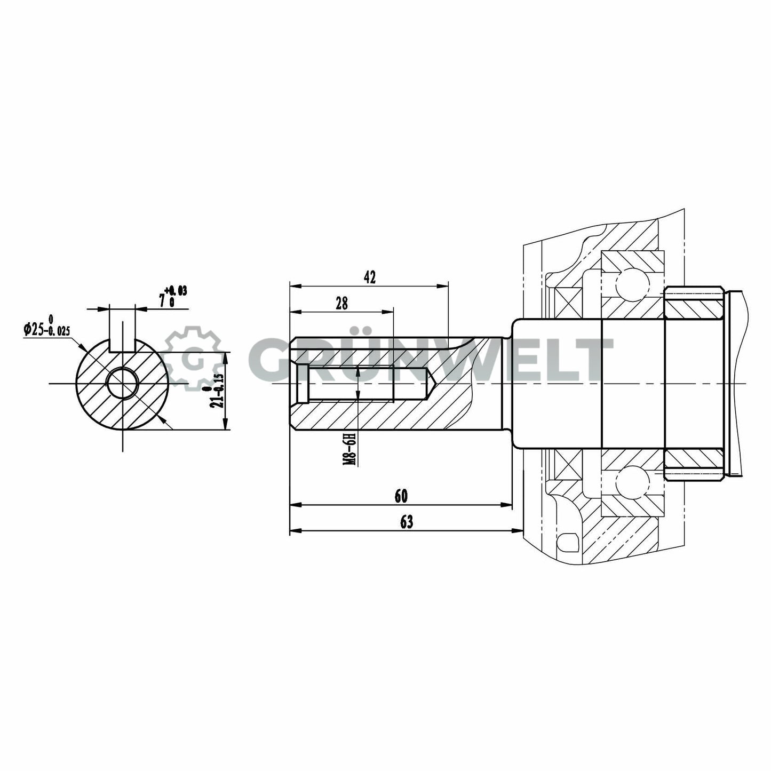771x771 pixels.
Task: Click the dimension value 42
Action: coord(369,277)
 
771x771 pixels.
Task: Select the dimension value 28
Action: coord(341,303)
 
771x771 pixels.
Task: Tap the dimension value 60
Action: coord(401,496)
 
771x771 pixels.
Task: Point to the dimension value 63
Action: coord(406,522)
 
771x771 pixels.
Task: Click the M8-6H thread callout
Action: coord(350,449)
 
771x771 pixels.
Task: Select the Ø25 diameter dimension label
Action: coord(46,329)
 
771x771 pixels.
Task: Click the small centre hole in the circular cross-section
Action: coord(122,383)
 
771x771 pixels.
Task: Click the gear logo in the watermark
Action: coord(193,359)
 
